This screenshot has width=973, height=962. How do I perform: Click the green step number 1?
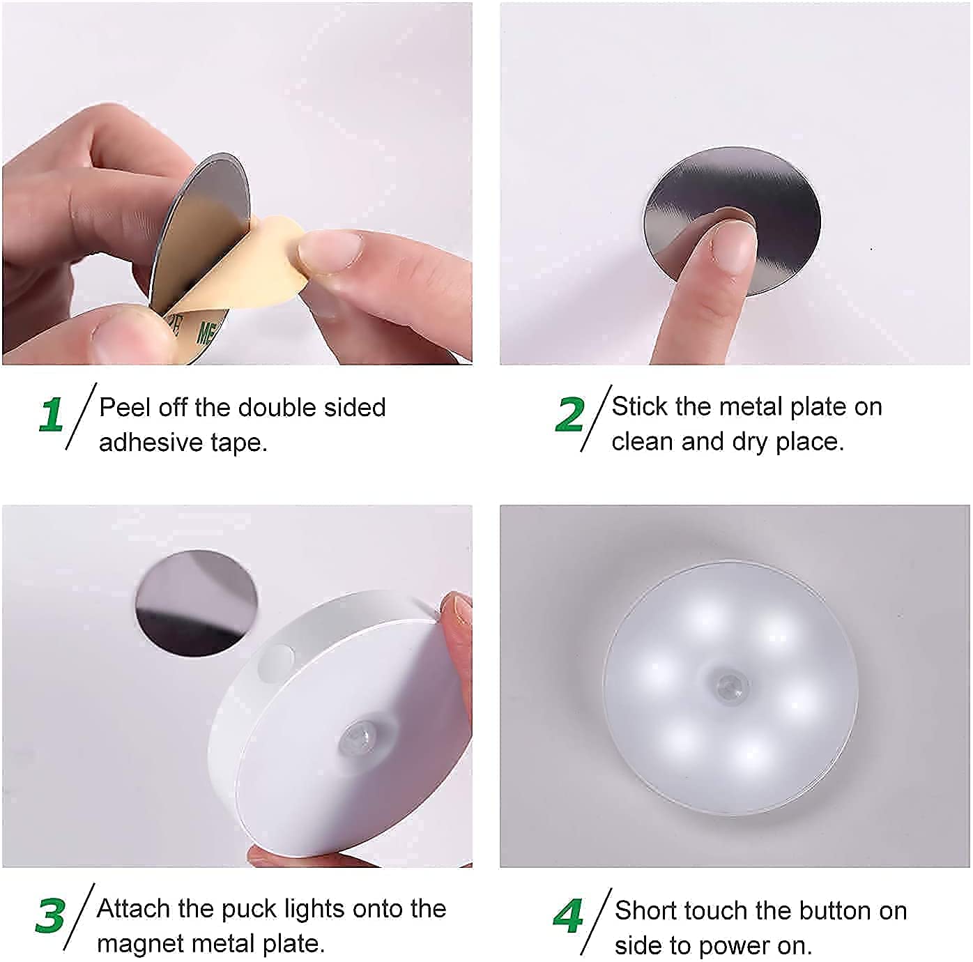tap(52, 415)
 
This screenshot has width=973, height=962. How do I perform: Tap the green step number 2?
tap(569, 415)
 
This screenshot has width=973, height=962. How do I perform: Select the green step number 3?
tap(50, 916)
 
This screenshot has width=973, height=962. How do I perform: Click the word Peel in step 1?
tap(124, 408)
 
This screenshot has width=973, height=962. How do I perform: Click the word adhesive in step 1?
tap(140, 443)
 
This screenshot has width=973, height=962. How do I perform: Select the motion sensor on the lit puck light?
tap(731, 686)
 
